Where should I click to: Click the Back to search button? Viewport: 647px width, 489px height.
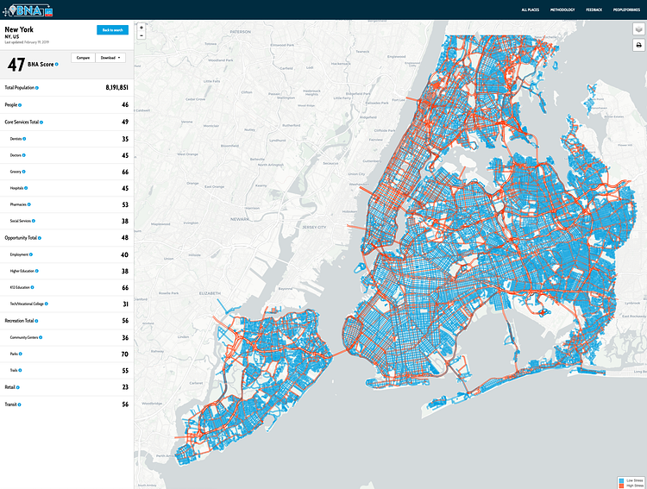tap(112, 29)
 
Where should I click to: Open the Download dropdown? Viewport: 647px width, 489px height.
tap(110, 58)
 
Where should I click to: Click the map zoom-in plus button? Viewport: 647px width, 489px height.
tap(141, 27)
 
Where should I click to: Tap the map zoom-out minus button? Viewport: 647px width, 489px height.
tap(141, 35)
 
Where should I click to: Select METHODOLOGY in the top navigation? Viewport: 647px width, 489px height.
tap(562, 9)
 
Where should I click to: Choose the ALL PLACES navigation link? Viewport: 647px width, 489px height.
tap(531, 9)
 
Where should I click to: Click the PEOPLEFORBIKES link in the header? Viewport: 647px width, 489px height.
tap(626, 9)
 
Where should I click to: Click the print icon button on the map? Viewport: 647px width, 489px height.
tap(638, 45)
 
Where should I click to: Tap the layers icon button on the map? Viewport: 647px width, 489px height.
tap(638, 28)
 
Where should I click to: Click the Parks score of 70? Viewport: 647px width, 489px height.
tap(124, 354)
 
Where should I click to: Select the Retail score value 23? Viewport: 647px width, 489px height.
tap(124, 387)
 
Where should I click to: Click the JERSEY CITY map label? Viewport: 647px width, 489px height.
tap(314, 227)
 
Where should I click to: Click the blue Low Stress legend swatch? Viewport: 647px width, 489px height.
tap(621, 478)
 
